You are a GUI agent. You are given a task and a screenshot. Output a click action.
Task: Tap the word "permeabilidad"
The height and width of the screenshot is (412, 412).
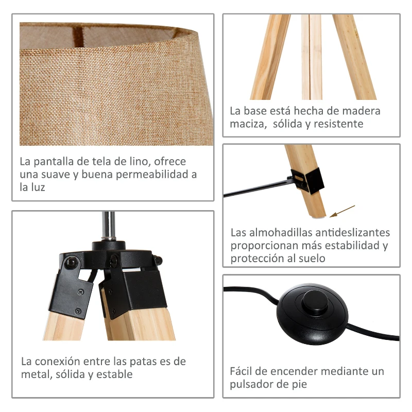pyautogui.click(x=152, y=174)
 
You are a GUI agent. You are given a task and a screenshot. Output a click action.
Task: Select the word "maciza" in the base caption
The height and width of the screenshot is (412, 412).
pyautogui.click(x=245, y=124)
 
